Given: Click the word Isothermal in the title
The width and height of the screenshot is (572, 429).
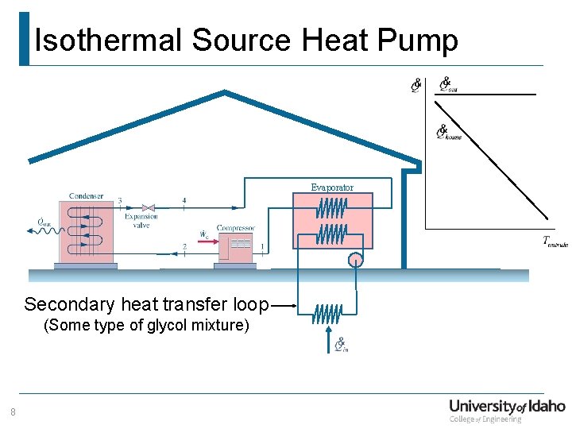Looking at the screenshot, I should pyautogui.click(x=108, y=40).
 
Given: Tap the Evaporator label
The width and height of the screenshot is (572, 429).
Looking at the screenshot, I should pyautogui.click(x=332, y=187).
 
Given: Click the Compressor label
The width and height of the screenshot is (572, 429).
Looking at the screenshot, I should pyautogui.click(x=235, y=228).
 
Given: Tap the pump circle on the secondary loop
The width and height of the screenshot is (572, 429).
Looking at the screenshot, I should pyautogui.click(x=354, y=260).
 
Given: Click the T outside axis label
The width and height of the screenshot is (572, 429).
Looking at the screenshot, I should pyautogui.click(x=555, y=242).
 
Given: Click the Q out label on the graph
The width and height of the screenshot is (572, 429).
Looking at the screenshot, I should pyautogui.click(x=449, y=85).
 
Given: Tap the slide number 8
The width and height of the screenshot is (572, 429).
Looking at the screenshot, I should pyautogui.click(x=13, y=412).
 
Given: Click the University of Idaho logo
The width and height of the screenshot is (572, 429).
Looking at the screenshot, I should pyautogui.click(x=507, y=410).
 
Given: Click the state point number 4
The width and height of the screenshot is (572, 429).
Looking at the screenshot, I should pyautogui.click(x=184, y=200).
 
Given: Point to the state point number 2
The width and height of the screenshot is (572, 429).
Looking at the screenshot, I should pyautogui.click(x=184, y=247).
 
